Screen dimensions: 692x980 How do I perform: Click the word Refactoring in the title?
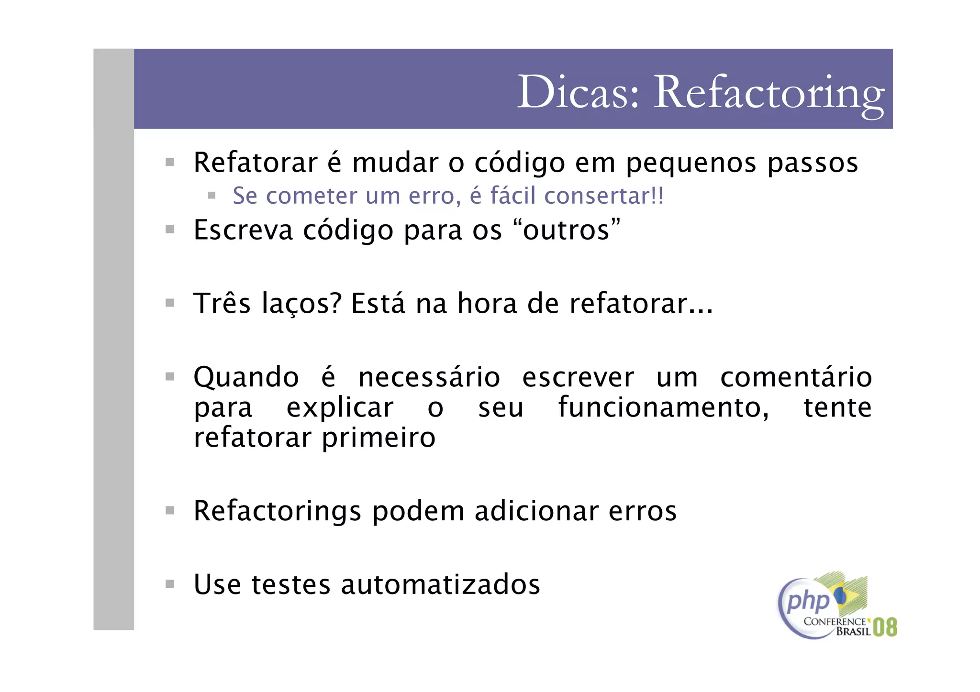click(768, 93)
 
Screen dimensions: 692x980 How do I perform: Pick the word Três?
click(222, 303)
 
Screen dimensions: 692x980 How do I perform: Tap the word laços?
click(301, 304)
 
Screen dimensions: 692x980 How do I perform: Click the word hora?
click(487, 303)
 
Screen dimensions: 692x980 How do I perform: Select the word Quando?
click(246, 378)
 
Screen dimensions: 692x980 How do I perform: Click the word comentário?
click(796, 377)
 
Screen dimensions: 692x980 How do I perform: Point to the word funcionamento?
click(663, 408)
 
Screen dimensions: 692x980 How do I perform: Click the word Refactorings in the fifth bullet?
click(277, 511)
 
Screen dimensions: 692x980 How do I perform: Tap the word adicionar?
click(536, 511)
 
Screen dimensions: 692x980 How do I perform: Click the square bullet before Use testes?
click(170, 584)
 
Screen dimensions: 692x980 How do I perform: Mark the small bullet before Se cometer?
click(212, 196)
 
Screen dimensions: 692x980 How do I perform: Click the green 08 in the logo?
click(885, 627)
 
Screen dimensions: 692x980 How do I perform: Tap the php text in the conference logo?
click(808, 602)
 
